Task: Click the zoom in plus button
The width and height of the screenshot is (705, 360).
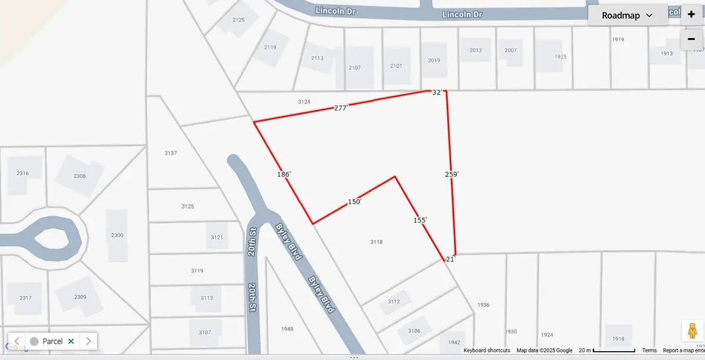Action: coord(691,15)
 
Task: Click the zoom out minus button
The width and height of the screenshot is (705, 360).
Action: coord(691,39)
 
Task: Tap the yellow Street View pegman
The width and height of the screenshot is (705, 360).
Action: coord(691,331)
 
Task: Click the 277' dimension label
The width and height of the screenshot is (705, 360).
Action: coord(341,108)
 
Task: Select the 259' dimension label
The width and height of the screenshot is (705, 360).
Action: coord(452,174)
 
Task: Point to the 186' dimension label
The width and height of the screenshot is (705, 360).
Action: coord(284,174)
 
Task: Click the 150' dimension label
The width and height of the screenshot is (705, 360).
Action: coord(354,201)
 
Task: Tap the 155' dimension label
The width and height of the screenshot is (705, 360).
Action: coord(419,220)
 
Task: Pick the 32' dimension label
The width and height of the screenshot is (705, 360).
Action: coord(437,92)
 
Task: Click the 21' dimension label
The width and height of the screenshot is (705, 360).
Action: coord(451,258)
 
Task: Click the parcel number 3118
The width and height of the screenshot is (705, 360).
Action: coord(377,242)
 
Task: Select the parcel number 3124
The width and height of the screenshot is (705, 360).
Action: coord(304,102)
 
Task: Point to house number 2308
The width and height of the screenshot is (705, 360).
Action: coord(79,176)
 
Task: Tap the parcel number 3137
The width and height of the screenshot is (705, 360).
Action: coord(171,153)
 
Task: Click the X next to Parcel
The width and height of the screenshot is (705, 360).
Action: coord(71,341)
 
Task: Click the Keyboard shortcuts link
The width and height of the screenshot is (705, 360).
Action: coord(486,351)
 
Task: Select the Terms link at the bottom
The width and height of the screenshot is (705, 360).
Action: coord(649,351)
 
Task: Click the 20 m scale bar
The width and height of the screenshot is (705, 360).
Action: coord(605,351)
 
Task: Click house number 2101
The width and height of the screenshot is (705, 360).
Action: coord(396,66)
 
